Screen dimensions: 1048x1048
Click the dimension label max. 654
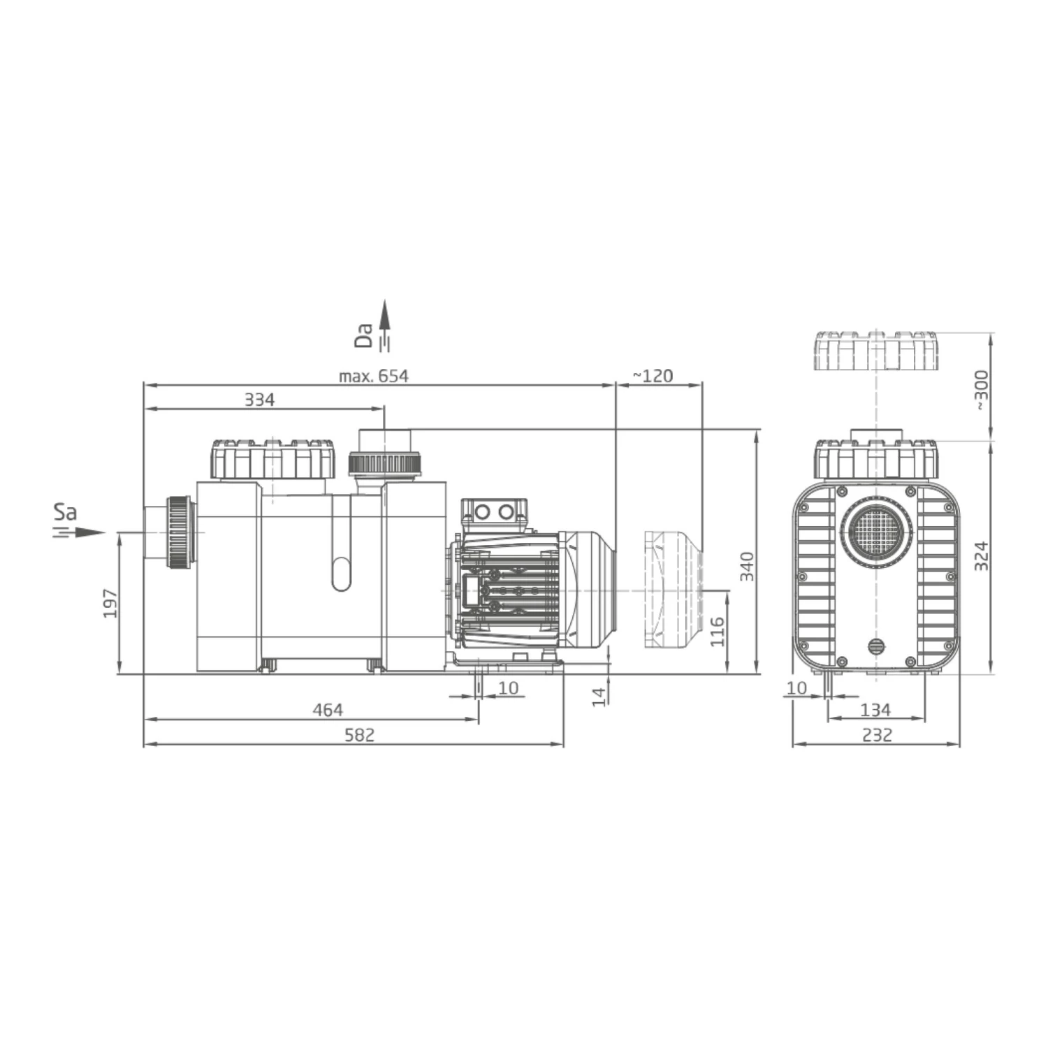coord(373,376)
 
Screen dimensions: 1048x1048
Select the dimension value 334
coord(259,400)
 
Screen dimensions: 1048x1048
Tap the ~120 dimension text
coord(653,376)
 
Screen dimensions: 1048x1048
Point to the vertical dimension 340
coord(748,566)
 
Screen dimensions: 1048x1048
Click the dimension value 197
coord(110,603)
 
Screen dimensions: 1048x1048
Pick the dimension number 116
coord(718,631)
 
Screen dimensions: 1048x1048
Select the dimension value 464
coord(327,710)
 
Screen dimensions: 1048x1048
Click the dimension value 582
coord(360,735)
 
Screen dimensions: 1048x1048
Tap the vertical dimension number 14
coord(599,696)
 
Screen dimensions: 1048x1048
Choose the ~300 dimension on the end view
coord(982,390)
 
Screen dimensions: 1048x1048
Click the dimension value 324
coord(982,556)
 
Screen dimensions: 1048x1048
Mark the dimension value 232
coord(877,735)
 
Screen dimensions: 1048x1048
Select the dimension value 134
coord(875,710)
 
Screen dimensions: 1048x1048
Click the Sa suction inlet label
coord(65,512)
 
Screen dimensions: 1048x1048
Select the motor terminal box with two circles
coord(493,512)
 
